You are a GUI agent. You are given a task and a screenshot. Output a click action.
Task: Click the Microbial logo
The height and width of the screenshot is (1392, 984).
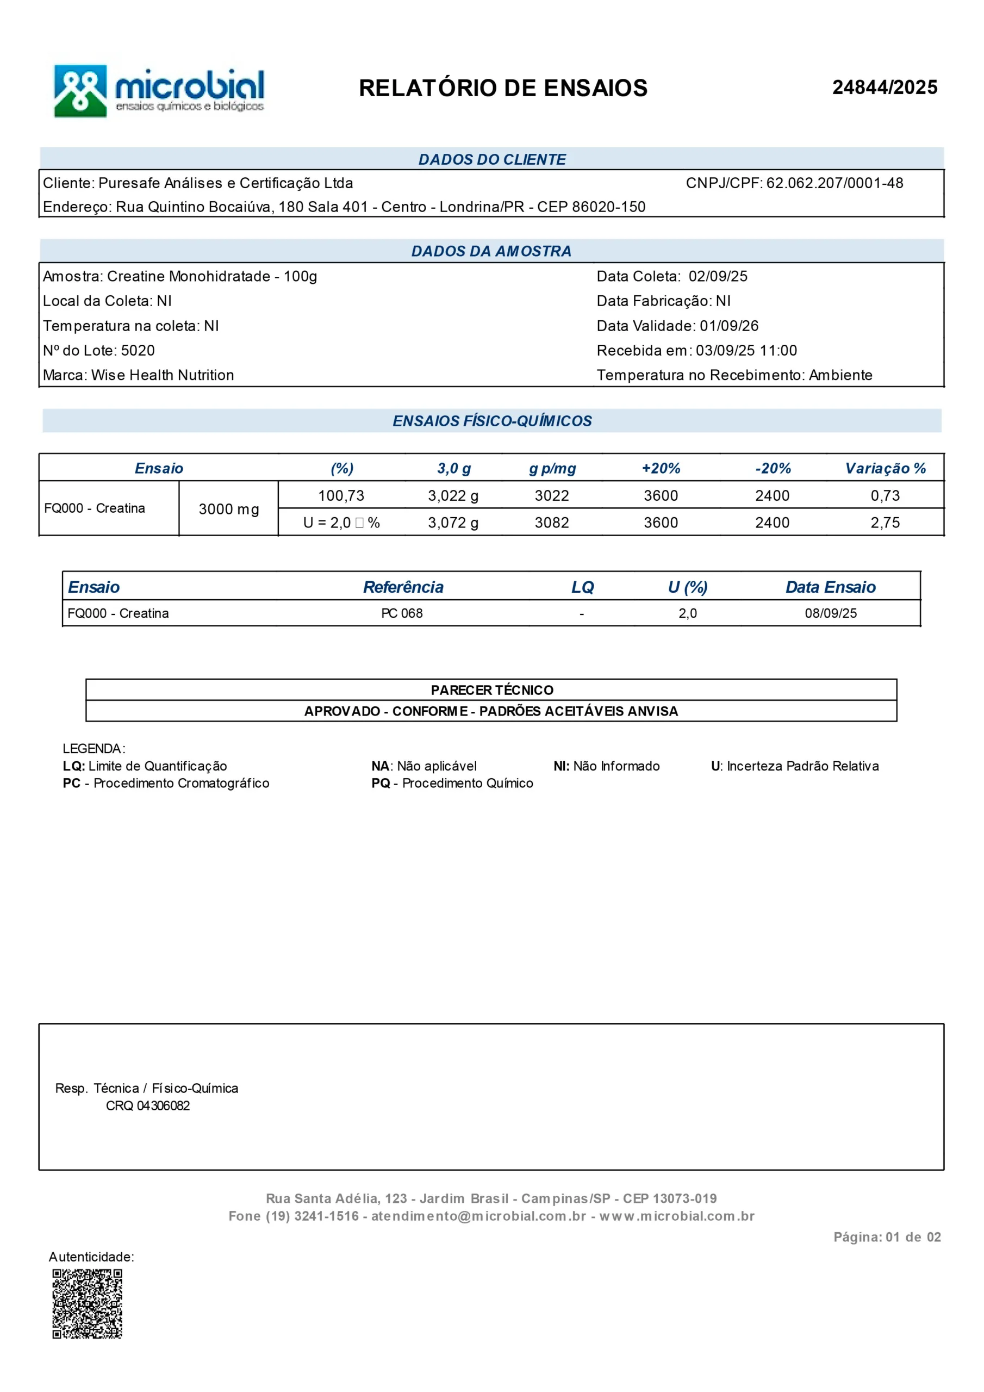coord(159,91)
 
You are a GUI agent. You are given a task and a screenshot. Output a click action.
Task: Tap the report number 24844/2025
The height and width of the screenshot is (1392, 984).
coord(884,88)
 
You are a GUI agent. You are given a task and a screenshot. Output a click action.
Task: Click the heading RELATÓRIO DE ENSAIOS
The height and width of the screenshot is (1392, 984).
coord(503,89)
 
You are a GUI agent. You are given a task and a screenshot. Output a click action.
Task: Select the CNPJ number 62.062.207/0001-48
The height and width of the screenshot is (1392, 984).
coord(834,183)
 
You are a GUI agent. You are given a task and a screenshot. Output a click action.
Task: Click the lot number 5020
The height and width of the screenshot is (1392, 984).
coord(138,350)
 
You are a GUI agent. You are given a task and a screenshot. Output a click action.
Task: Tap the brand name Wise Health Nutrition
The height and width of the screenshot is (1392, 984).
coord(163,375)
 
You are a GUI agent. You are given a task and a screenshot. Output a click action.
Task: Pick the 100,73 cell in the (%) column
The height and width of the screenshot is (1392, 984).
coord(341,496)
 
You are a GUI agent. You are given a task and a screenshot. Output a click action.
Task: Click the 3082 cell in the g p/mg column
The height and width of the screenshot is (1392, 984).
coord(552,523)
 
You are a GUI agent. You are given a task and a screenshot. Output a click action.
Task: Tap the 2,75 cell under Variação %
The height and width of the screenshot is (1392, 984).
coord(885,523)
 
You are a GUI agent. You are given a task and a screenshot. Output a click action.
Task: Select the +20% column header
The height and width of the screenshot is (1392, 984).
coord(661,468)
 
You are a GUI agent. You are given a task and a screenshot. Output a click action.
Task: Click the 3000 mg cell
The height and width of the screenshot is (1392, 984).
coord(228,509)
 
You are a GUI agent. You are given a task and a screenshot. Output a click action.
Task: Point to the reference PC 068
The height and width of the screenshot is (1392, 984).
coord(402,613)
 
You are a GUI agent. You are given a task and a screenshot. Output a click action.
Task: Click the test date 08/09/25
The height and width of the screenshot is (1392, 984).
coord(831,613)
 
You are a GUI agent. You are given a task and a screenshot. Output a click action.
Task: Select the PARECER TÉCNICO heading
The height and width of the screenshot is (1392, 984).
coord(491,690)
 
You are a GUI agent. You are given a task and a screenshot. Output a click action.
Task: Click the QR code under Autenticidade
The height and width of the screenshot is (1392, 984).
coord(88,1303)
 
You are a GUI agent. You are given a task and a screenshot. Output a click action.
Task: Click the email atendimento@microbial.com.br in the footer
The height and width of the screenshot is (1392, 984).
coord(478,1216)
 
